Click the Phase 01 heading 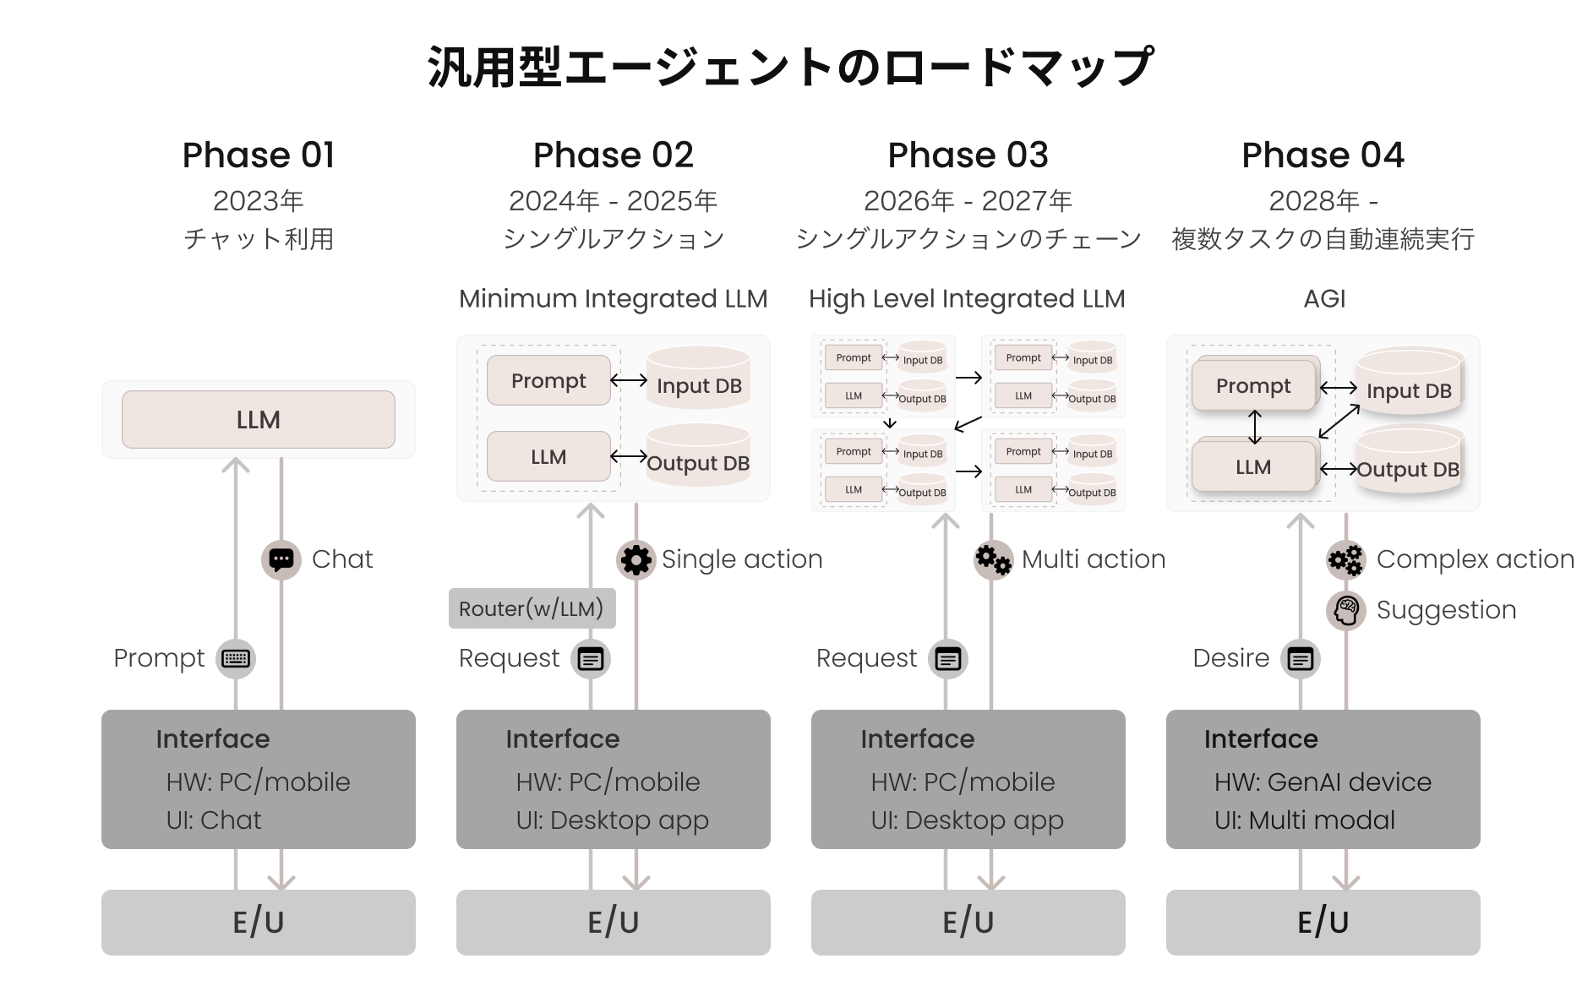coord(259,155)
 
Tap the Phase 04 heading coord(1323,155)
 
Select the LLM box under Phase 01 coord(259,419)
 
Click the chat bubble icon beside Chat coord(281,559)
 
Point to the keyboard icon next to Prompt coord(236,658)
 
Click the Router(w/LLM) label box coord(532,608)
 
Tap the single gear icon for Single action coord(636,559)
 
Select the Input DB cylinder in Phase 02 coord(699,379)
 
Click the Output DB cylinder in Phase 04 coord(1409,461)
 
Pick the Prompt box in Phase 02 coord(548,380)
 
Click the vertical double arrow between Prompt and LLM coord(1255,427)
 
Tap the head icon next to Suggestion coord(1346,610)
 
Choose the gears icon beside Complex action coord(1346,559)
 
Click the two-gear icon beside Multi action coord(993,559)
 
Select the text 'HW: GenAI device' coord(1323,782)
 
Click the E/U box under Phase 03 coord(968,923)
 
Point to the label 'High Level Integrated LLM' coord(967,298)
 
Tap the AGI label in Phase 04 coord(1324,298)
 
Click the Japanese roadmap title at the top coord(790,68)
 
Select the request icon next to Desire coord(1301,658)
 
